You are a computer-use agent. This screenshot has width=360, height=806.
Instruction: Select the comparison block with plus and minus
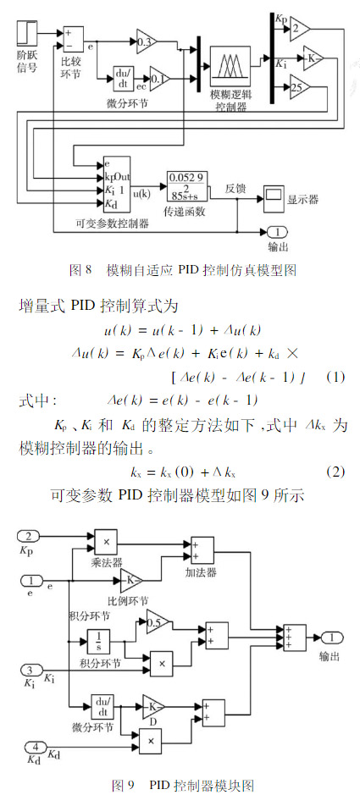tap(73, 39)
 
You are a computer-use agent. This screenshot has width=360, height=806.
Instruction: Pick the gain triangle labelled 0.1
tap(159, 78)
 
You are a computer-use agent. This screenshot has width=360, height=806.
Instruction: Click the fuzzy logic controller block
tap(230, 66)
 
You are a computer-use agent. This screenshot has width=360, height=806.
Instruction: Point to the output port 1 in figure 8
tap(277, 232)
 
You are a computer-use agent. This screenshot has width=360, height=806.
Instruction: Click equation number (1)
tap(335, 377)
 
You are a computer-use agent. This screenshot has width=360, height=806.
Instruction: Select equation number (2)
tap(335, 472)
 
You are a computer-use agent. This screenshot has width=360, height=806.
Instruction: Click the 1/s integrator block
tap(99, 642)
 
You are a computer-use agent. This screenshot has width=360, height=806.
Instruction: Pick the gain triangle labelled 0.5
tap(158, 622)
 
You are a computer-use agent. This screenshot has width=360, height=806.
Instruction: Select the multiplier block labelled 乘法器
tap(107, 541)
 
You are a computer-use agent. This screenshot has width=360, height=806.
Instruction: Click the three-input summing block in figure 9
tap(295, 638)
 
